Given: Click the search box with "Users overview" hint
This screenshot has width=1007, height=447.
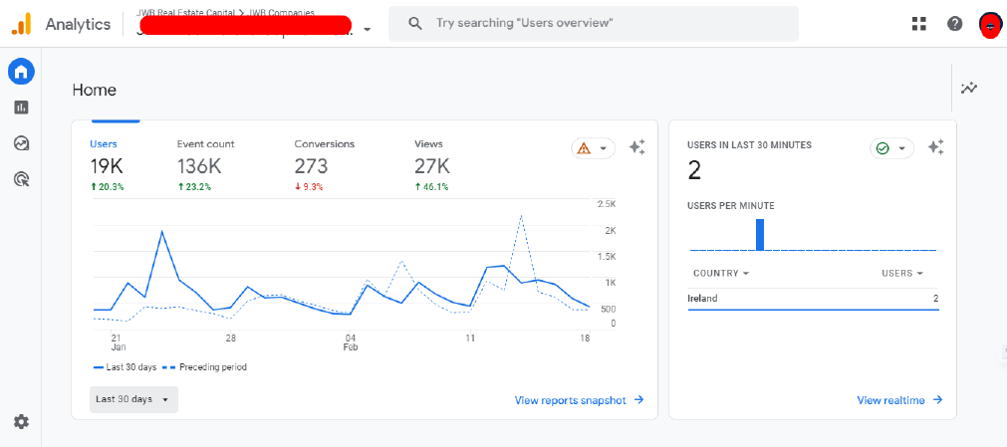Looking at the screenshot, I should pos(593,24).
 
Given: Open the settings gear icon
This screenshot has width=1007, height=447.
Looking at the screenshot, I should pos(21,422).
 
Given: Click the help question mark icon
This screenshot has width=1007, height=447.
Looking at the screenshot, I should pos(954,24).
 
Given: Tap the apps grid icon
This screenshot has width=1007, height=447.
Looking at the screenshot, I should pos(919,24).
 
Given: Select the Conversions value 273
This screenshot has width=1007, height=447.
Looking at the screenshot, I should pos(311,166).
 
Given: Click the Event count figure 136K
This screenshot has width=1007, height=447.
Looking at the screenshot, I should pos(199,166).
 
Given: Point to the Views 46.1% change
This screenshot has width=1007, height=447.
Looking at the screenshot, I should pos(431,186).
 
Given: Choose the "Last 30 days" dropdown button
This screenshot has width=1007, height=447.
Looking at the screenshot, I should pos(133,399).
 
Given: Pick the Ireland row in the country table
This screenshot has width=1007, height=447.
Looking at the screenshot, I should pos(813,298).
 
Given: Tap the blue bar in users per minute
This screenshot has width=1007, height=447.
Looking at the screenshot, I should pos(760,235).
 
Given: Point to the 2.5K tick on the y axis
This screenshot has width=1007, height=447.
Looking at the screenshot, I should pos(606,204).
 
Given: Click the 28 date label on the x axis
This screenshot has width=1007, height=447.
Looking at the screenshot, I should pos(230,338).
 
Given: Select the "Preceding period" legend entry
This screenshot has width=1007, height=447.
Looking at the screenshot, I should pos(206,367).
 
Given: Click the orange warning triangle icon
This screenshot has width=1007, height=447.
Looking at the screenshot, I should pos(584,148).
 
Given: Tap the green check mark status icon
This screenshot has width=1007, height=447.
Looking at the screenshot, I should pos(881,148).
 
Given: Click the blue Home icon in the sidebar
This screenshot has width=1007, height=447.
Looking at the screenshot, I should pos(21,72).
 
